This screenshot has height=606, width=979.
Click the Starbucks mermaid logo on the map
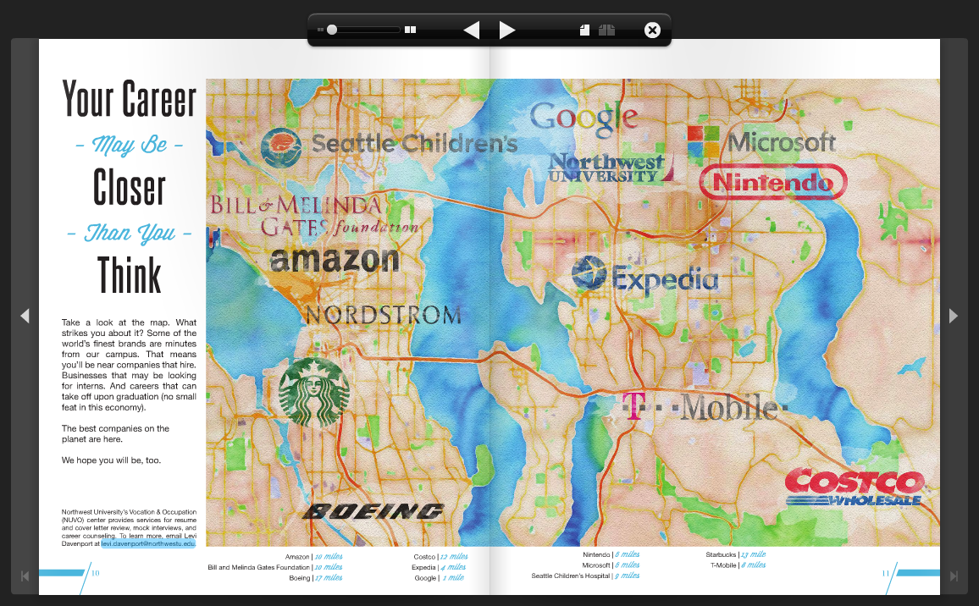313,392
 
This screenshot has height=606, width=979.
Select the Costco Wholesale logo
853,488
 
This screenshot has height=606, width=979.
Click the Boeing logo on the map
373,510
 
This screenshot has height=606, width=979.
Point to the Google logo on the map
583,118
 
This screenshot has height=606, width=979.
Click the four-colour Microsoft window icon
702,141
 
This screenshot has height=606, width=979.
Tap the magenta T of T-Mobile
631,405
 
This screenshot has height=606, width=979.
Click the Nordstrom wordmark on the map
383,316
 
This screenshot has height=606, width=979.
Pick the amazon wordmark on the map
334,259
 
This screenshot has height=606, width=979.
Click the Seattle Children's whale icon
281,146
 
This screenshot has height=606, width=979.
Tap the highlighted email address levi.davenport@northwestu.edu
148,543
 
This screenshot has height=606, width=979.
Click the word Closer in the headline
129,187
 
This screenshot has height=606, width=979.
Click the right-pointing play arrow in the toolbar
507,30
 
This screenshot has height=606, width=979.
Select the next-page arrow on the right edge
954,316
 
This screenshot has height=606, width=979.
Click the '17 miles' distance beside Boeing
328,578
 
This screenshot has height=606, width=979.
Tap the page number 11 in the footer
886,573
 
